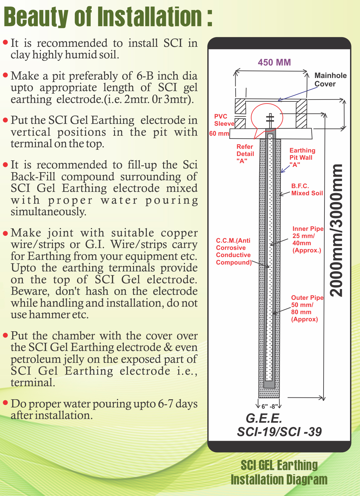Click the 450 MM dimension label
274,62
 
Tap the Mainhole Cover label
330,80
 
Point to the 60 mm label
219,134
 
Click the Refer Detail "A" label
245,153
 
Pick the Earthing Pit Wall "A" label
302,158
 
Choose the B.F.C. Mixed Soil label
307,190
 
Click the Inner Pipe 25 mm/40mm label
308,239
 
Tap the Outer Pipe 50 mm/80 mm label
307,308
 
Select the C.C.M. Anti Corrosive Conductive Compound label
233,251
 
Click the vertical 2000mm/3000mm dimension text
337,230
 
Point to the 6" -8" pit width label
269,406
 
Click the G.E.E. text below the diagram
264,418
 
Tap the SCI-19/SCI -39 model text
279,432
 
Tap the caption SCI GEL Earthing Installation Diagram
279,472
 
